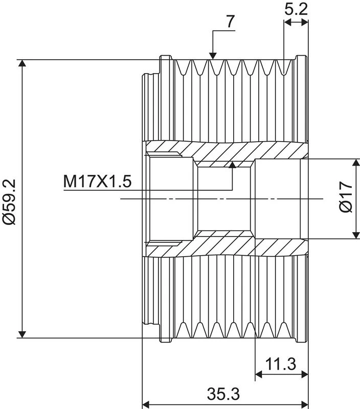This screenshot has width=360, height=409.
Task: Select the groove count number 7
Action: pos(230,21)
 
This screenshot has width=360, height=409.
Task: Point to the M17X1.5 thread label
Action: pos(97,181)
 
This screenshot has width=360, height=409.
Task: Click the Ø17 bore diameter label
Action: pos(346,197)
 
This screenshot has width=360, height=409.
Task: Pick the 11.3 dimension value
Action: pos(281,364)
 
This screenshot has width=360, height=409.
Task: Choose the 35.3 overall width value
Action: pos(223,394)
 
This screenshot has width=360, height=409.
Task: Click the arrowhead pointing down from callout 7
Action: pos(213,56)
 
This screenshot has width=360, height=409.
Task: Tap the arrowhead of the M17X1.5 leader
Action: pos(232,164)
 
